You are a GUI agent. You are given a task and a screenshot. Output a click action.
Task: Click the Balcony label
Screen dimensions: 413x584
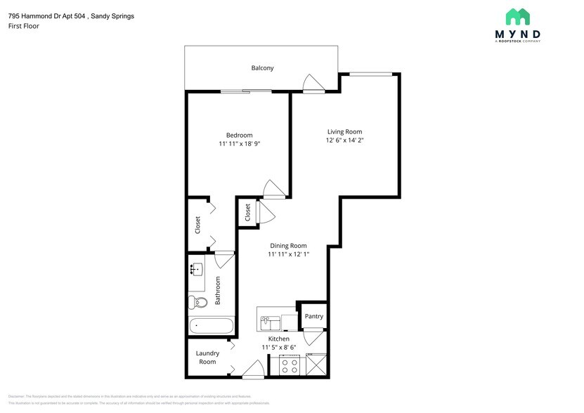(x=262, y=68)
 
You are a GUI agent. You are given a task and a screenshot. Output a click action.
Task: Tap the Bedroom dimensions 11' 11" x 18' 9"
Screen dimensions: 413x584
(x=239, y=144)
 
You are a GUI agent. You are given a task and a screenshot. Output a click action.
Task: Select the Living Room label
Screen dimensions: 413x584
(x=344, y=131)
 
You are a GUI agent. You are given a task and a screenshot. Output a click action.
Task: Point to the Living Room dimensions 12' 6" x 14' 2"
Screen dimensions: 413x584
(x=344, y=140)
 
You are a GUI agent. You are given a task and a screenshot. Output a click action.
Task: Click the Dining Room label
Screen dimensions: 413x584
(x=288, y=246)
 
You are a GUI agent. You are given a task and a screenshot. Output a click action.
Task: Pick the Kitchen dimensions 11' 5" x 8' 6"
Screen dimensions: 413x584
(x=279, y=347)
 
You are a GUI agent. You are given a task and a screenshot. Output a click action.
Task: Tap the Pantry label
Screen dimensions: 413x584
(x=313, y=316)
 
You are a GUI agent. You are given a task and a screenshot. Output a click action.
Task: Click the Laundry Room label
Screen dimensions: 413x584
(x=207, y=358)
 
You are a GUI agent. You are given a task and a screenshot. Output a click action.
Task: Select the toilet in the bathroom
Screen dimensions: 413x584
(x=196, y=302)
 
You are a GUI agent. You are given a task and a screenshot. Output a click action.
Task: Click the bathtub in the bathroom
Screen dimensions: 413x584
(x=211, y=327)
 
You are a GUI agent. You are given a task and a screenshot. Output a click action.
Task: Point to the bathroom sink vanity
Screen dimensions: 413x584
(x=196, y=269)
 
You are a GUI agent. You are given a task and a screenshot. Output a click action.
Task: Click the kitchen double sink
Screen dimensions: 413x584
(x=269, y=323)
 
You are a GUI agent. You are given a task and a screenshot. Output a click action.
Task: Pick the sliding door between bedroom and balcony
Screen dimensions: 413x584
(x=246, y=91)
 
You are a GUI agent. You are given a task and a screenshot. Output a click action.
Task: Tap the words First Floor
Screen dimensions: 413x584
(x=25, y=26)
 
